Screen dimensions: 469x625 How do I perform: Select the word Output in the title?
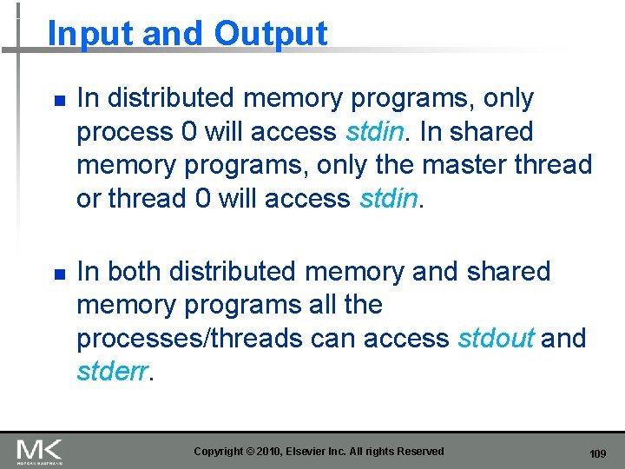pyautogui.click(x=271, y=34)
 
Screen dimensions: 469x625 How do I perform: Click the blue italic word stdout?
pyautogui.click(x=496, y=338)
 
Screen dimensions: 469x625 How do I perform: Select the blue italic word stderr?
pyautogui.click(x=113, y=372)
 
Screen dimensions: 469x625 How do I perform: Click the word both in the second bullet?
pyautogui.click(x=135, y=272)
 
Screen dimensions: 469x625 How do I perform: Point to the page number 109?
pyautogui.click(x=597, y=454)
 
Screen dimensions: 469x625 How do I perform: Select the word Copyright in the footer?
pyautogui.click(x=219, y=452)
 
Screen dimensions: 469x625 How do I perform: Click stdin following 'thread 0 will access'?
pyautogui.click(x=388, y=199)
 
